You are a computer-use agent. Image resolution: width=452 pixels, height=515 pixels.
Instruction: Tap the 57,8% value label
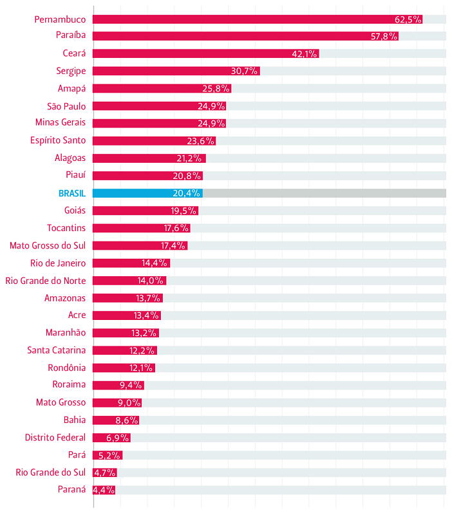pyautogui.click(x=384, y=37)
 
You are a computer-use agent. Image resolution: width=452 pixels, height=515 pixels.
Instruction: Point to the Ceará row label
pyautogui.click(x=74, y=54)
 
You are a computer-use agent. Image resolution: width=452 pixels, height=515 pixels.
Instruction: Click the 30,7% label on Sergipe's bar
pyautogui.click(x=245, y=71)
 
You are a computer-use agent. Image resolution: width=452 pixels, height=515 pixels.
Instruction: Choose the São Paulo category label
pyautogui.click(x=66, y=106)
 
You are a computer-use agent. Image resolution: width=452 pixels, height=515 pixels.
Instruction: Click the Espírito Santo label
pyautogui.click(x=58, y=141)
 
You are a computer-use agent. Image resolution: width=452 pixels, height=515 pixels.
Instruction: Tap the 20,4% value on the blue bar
pyautogui.click(x=187, y=193)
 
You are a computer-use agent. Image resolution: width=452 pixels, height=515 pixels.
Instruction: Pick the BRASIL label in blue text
pyautogui.click(x=71, y=193)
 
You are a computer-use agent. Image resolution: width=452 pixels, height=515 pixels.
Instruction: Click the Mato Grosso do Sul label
pyautogui.click(x=48, y=245)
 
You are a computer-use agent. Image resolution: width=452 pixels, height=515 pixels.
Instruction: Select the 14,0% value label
pyautogui.click(x=151, y=281)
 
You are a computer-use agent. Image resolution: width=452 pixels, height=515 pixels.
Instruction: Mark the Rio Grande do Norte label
pyautogui.click(x=45, y=281)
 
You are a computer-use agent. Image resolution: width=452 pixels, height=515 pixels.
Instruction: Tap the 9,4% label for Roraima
pyautogui.click(x=131, y=385)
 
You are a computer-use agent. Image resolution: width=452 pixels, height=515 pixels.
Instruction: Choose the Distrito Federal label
pyautogui.click(x=55, y=438)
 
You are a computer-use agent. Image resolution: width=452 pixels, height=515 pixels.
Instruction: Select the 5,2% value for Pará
pyautogui.click(x=109, y=455)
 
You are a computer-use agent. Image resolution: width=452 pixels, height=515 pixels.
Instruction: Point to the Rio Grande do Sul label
pyautogui.click(x=50, y=473)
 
